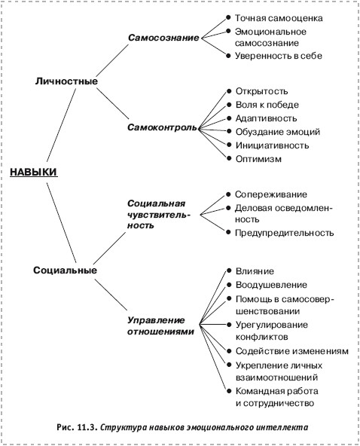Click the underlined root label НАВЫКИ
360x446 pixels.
point(34,172)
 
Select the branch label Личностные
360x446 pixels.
point(66,81)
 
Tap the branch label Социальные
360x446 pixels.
point(65,270)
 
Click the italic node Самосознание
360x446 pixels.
point(163,38)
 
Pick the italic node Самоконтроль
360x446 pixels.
point(162,127)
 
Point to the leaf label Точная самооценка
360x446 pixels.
point(279,18)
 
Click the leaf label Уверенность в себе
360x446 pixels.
point(279,56)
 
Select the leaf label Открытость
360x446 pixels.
point(261,91)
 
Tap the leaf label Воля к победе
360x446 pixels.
point(267,105)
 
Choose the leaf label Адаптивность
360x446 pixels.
point(266,118)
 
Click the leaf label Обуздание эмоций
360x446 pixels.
point(278,132)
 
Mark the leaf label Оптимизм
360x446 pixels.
point(258,159)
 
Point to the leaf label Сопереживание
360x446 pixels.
point(271,194)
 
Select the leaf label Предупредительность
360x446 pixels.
point(285,233)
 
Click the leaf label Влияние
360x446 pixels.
point(255,271)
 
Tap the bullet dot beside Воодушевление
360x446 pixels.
point(229,285)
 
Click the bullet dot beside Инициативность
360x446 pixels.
point(229,145)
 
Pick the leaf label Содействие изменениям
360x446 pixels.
point(292,351)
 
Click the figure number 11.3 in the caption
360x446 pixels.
point(87,427)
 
